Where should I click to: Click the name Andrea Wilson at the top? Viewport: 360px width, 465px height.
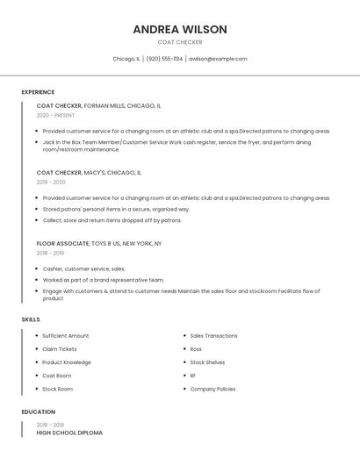pos(180,29)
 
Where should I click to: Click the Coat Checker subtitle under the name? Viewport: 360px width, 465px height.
pos(180,42)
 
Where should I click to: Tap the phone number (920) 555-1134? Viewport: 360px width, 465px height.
pos(164,59)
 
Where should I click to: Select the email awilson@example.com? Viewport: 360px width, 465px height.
pos(218,59)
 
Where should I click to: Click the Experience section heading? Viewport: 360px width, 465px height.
pos(38,92)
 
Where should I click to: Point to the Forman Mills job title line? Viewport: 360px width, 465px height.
pos(98,105)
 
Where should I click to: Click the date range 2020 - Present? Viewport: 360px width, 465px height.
pos(55,115)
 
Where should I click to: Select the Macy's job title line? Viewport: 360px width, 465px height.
pos(89,173)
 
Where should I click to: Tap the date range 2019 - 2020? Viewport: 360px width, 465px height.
pos(51,182)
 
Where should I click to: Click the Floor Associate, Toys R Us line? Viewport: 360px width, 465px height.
pos(99,243)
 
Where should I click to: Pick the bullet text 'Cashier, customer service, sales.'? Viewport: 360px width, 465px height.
pos(84,268)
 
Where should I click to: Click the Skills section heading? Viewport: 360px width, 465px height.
pos(31,319)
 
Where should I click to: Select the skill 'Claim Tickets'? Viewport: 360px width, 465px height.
pos(60,349)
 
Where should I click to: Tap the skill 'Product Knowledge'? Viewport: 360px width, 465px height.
pos(67,362)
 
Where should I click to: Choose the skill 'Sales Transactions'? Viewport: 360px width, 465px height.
pos(213,335)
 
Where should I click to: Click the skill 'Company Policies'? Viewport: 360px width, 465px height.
pos(212,389)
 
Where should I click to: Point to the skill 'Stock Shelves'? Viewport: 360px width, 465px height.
pos(207,362)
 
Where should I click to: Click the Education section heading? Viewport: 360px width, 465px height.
pos(38,411)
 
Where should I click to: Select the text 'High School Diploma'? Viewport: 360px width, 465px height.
pos(69,433)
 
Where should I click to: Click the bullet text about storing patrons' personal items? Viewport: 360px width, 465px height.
pos(116,210)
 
